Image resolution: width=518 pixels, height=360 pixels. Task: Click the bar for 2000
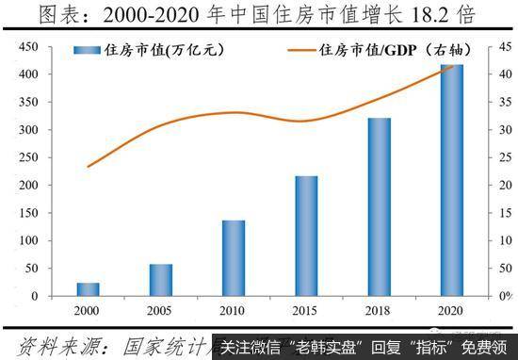point(88,289)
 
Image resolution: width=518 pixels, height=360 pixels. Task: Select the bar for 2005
point(161,280)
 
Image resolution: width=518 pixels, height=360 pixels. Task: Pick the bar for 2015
point(307,236)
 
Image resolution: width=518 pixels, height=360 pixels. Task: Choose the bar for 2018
point(380,206)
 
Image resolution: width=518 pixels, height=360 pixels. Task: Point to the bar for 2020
point(452,180)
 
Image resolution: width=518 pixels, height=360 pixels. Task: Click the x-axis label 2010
point(234,310)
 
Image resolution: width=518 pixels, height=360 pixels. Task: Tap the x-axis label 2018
point(380,310)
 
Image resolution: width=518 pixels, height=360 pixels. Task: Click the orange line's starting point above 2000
point(88,167)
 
